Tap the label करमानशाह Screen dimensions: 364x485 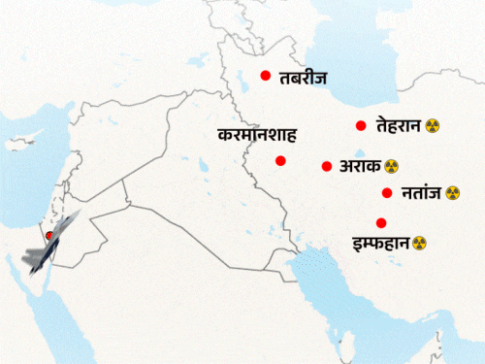pyautogui.click(x=256, y=135)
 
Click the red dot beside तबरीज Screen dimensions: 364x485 pyautogui.click(x=264, y=76)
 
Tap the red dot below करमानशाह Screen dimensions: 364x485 pyautogui.click(x=280, y=160)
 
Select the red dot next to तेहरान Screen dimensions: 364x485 pyautogui.click(x=360, y=125)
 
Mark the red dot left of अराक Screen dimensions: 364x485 pyautogui.click(x=326, y=166)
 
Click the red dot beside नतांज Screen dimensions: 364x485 pyautogui.click(x=387, y=192)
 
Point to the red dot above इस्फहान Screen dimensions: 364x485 pyautogui.click(x=381, y=221)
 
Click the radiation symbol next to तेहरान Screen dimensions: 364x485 pyautogui.click(x=432, y=127)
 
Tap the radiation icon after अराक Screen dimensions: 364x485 pyautogui.click(x=392, y=167)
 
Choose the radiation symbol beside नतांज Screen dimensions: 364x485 pyautogui.click(x=452, y=193)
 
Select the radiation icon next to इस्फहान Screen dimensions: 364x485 pyautogui.click(x=419, y=242)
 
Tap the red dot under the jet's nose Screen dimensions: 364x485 pyautogui.click(x=49, y=236)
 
